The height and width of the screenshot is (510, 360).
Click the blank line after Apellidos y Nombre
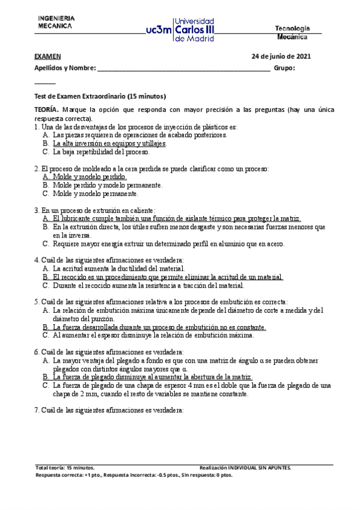click(183, 69)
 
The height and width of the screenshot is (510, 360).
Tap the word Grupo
click(284, 69)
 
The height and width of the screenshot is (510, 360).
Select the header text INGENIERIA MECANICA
click(56, 22)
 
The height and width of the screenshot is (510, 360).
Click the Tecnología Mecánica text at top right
click(293, 32)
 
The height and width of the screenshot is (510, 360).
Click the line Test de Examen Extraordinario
click(100, 96)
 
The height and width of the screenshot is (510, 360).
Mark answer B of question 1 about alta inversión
click(109, 144)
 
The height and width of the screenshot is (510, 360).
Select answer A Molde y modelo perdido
click(90, 177)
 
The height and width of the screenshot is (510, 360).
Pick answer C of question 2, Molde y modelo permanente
click(96, 194)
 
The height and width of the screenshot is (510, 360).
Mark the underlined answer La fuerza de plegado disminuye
click(153, 376)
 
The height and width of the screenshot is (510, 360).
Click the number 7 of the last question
click(36, 410)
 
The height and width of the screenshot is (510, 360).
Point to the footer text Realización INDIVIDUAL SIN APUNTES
click(245, 467)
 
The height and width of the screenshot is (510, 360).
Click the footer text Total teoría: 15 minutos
click(65, 467)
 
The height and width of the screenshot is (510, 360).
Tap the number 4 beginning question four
click(36, 260)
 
